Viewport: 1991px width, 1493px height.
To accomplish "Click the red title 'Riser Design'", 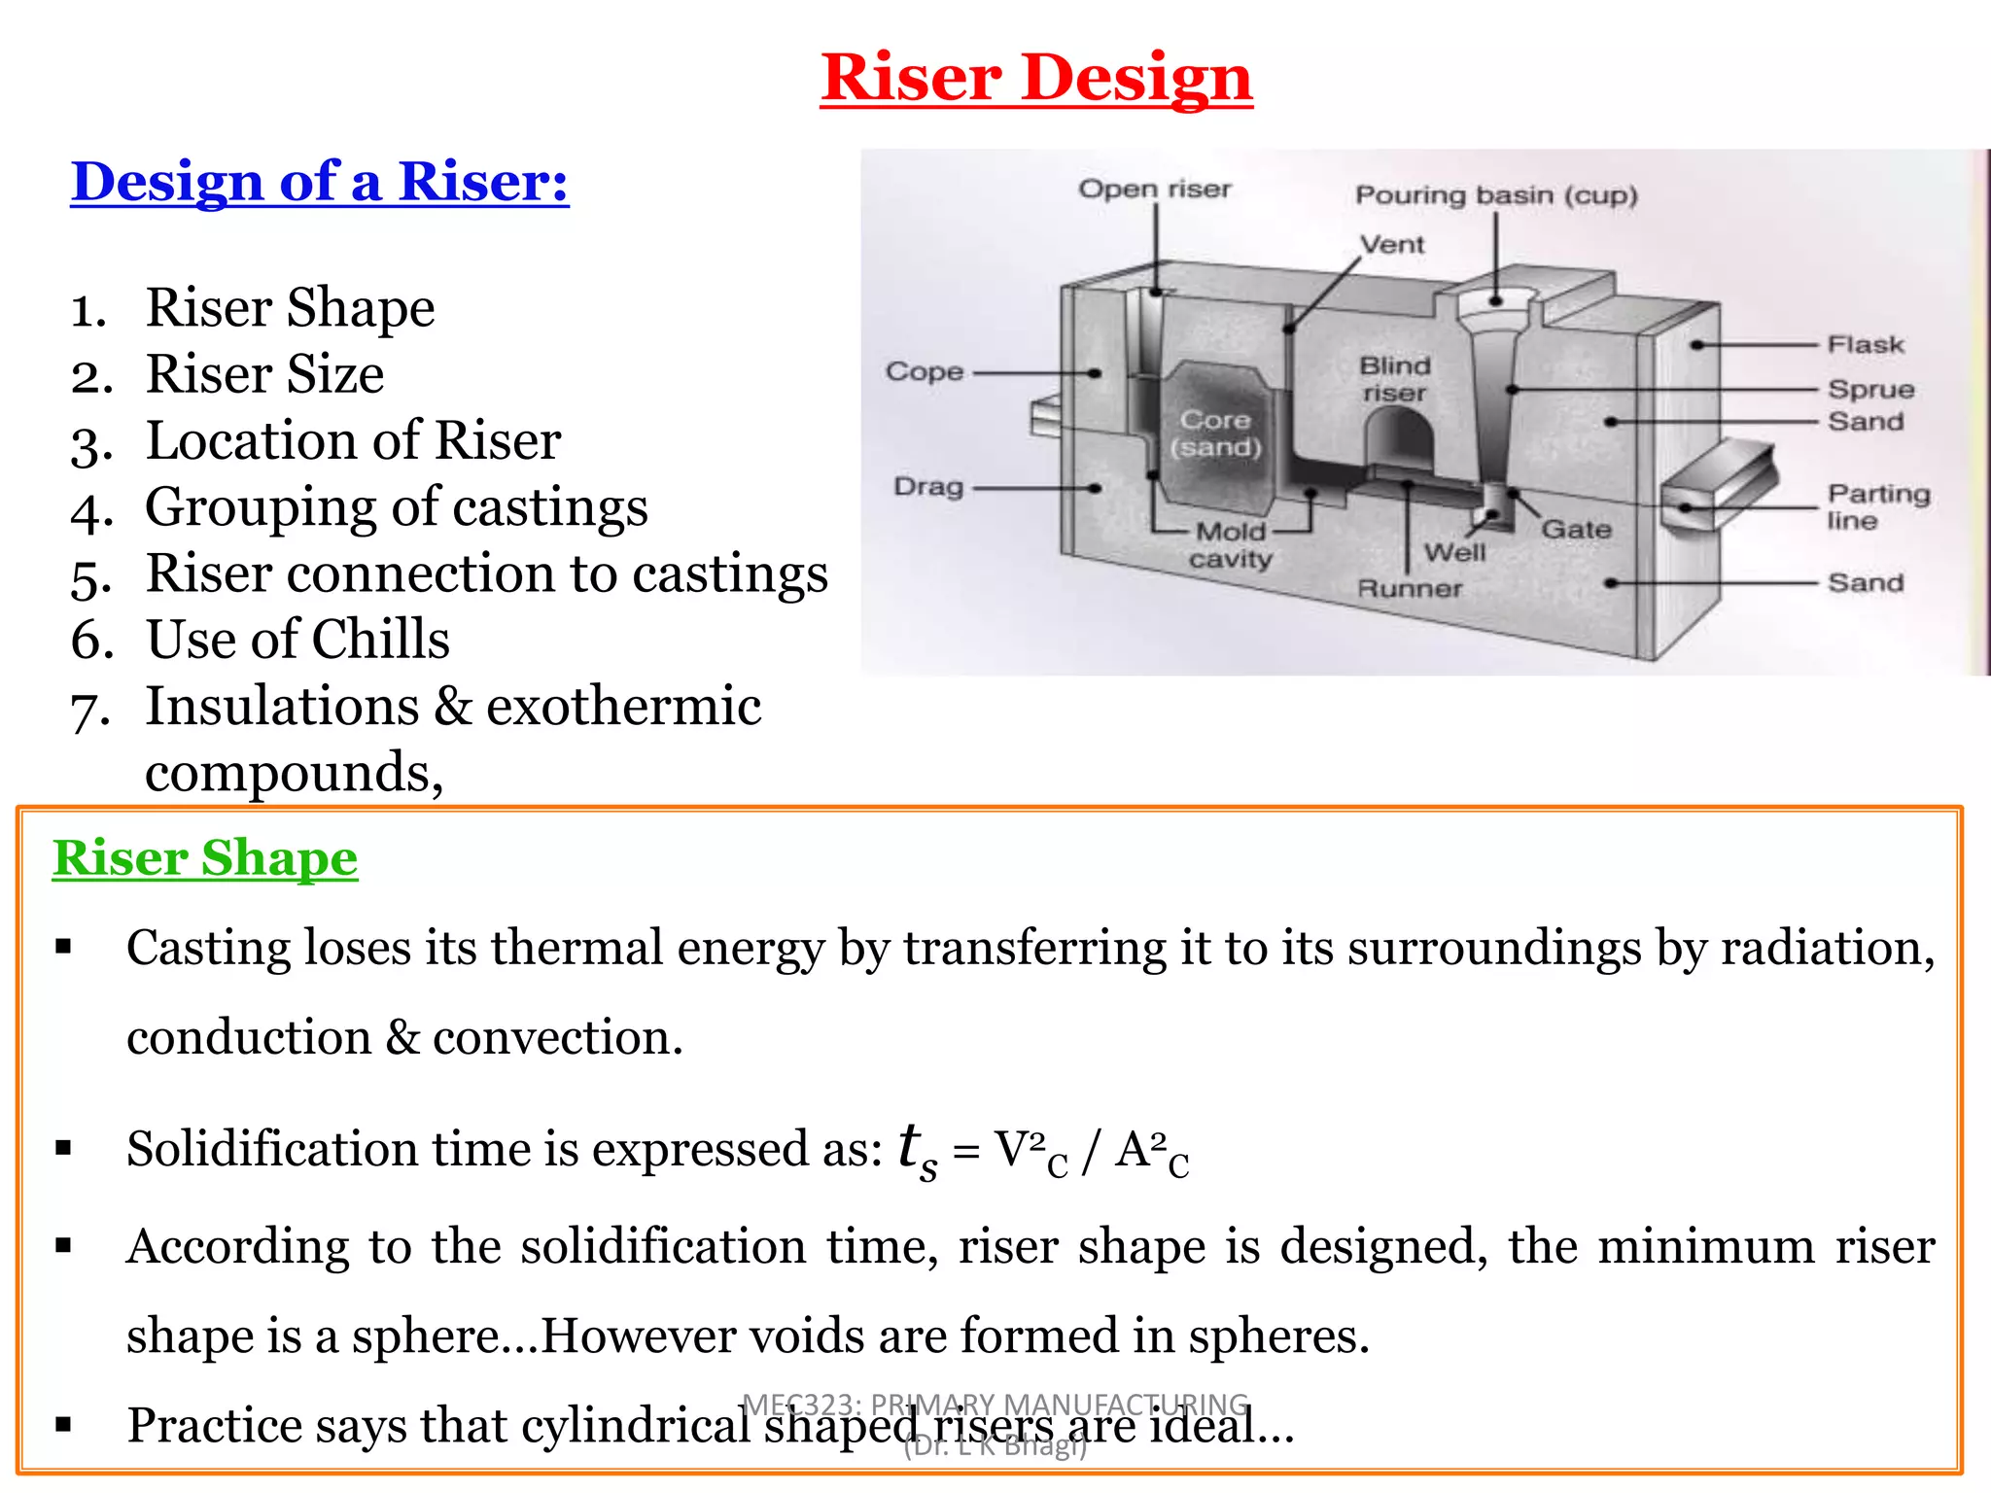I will click(1036, 78).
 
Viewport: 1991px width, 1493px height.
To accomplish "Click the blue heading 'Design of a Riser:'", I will click(319, 182).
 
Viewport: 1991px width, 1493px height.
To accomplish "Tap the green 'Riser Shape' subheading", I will click(205, 858).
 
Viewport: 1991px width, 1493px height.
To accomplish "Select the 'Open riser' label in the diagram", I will click(1154, 189).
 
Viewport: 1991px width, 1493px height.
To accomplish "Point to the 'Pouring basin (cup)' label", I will click(1496, 195).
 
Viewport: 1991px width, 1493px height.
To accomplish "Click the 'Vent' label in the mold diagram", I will click(1391, 244).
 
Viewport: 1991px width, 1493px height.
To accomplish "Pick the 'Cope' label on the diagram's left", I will click(924, 371).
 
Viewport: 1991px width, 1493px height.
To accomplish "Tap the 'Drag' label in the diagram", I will click(927, 486).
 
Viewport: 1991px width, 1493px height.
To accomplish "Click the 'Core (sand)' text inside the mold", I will click(1215, 434).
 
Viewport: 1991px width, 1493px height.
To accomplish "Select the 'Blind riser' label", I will click(1395, 379).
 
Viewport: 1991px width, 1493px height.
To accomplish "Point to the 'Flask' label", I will click(1865, 344).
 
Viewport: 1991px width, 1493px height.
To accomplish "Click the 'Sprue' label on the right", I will click(1870, 389).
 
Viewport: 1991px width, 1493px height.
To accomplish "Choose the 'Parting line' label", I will click(1877, 506).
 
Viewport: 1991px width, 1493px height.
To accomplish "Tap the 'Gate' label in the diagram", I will click(1576, 529).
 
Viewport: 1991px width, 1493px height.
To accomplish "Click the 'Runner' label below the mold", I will click(1410, 588).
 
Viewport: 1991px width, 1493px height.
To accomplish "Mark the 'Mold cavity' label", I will click(1231, 545).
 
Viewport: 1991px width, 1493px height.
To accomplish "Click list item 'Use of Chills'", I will click(297, 640).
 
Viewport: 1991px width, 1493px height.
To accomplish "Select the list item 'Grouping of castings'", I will click(396, 507).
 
